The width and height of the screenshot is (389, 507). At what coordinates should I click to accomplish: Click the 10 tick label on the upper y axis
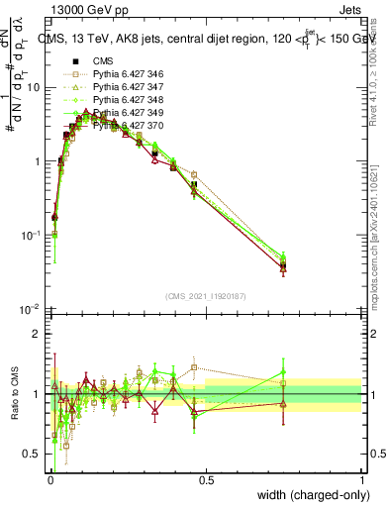pos(34,87)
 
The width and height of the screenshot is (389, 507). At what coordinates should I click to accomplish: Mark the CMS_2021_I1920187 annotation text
pos(205,294)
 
